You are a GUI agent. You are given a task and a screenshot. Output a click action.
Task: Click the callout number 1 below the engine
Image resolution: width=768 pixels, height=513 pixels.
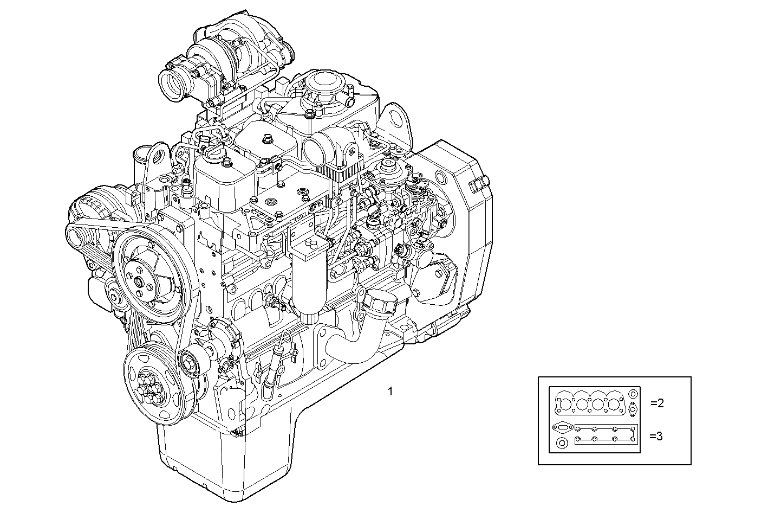390,391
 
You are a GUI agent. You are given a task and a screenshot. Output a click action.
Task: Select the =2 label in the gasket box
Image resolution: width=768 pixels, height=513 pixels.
656,403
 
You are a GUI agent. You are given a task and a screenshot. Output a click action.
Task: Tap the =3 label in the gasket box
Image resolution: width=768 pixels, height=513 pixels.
656,435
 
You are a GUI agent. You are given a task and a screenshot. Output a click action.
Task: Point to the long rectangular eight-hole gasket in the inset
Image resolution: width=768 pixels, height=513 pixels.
606,435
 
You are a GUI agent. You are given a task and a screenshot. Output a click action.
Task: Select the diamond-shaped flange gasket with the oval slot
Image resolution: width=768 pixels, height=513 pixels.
562,427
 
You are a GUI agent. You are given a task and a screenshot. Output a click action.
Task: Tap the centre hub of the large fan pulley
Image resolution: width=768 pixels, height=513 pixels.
140,282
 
